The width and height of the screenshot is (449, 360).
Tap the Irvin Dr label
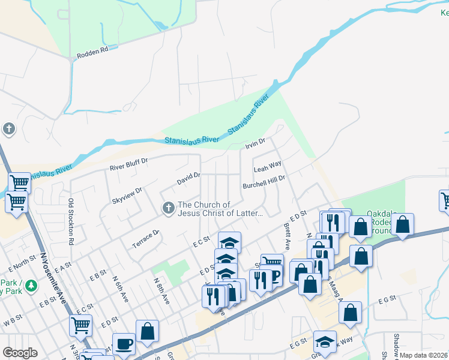(x=255, y=145)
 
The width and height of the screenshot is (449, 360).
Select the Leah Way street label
(x=267, y=166)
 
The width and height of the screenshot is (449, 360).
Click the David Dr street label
(x=188, y=178)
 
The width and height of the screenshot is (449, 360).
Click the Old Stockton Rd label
(x=71, y=222)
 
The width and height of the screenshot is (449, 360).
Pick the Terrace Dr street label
(x=145, y=239)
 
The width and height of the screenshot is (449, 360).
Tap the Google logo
(x=20, y=353)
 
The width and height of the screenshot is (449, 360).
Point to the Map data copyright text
(x=423, y=355)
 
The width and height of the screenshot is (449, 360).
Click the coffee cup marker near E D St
(x=124, y=344)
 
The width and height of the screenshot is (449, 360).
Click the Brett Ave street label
(x=287, y=237)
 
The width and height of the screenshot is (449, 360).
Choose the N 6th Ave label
(x=121, y=289)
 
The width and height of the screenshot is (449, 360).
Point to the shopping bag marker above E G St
(x=350, y=313)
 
